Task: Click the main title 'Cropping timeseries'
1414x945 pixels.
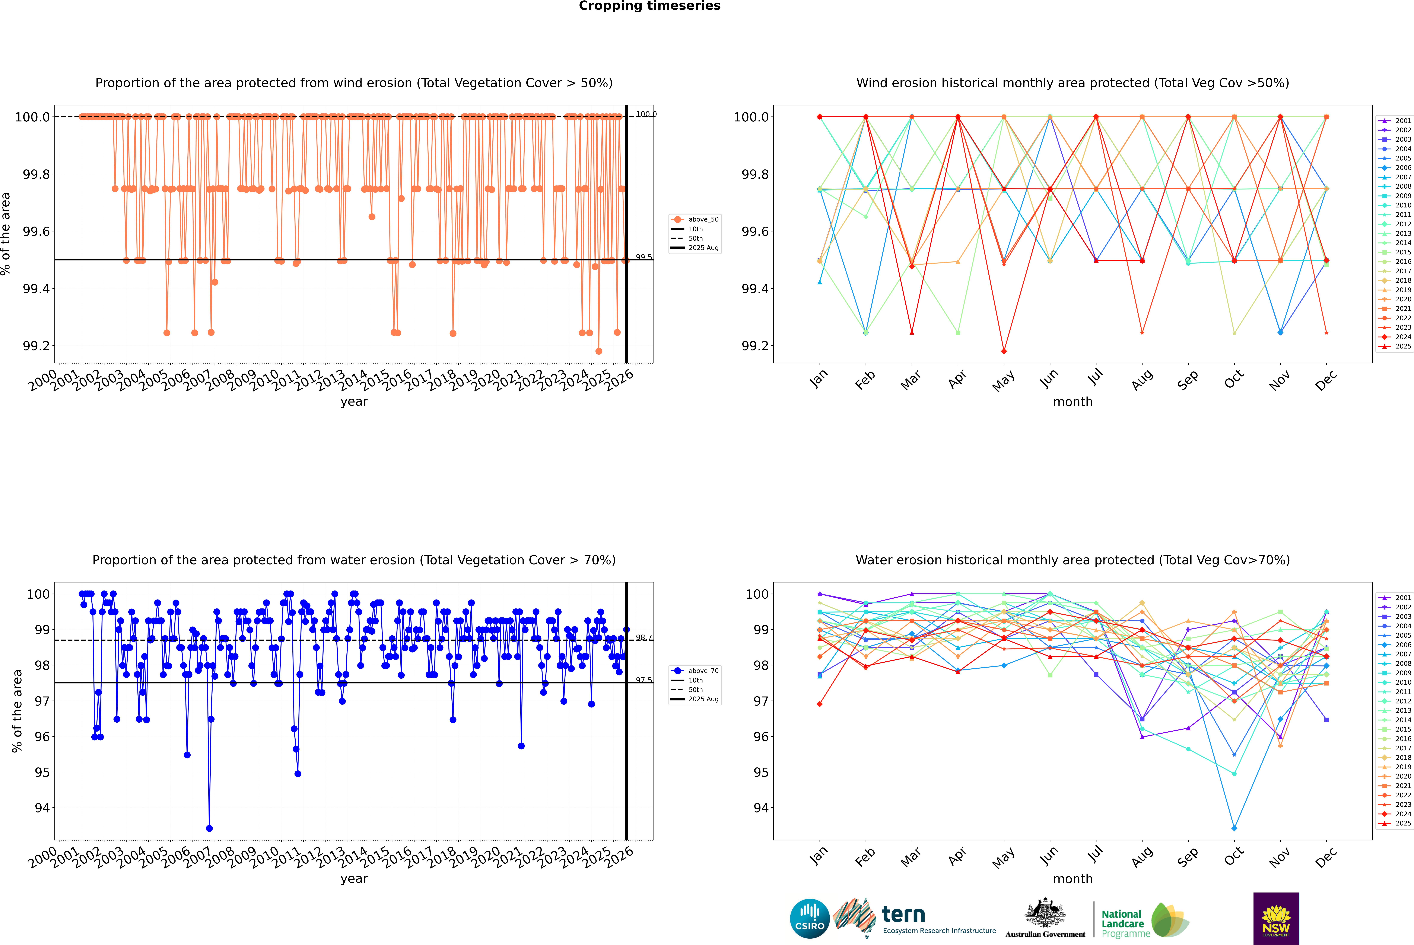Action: point(649,6)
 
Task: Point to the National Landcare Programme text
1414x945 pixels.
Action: point(1125,923)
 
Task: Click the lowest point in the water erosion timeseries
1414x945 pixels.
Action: point(209,828)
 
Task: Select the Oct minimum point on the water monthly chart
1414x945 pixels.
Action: point(1234,828)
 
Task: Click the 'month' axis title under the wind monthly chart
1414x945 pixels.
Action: point(1072,402)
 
